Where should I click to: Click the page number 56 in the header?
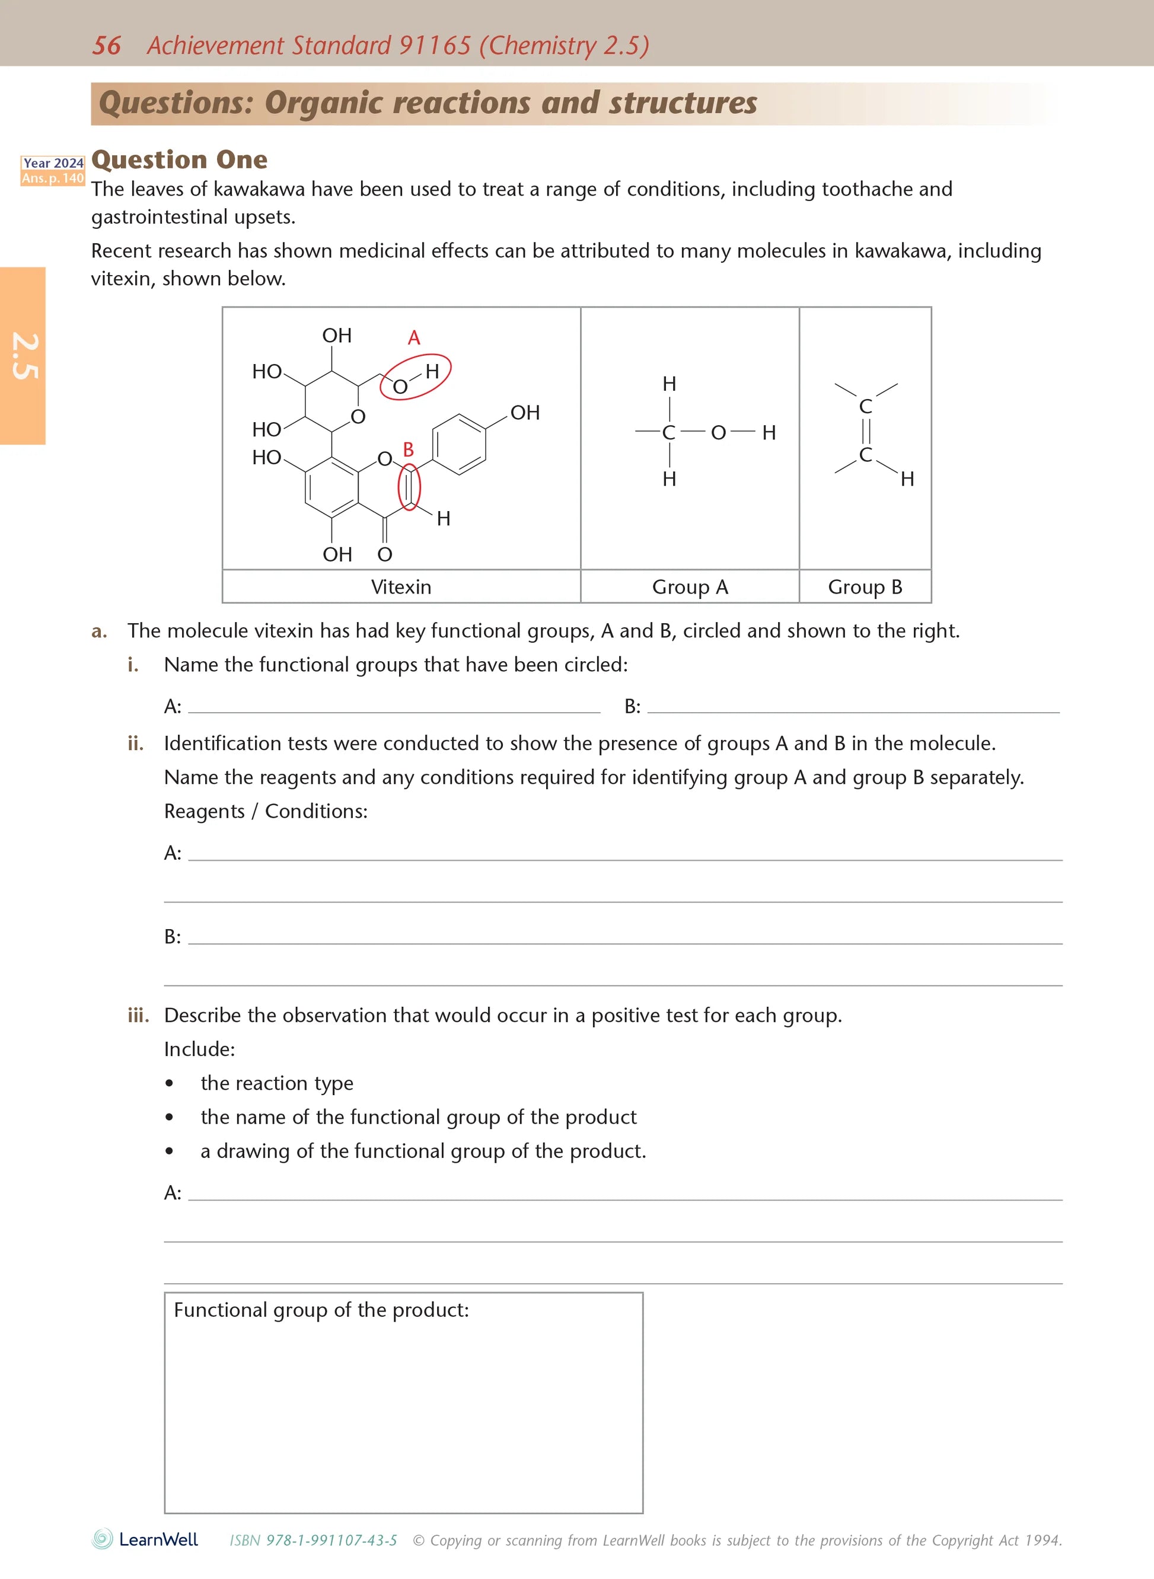(106, 46)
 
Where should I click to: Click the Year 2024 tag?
(53, 162)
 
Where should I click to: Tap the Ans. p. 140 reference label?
(53, 178)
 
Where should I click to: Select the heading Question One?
(179, 160)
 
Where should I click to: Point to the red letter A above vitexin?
(413, 338)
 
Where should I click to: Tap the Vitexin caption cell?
(401, 586)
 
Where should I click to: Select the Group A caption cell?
(690, 586)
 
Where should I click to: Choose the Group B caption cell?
(865, 586)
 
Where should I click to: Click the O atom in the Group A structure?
(718, 433)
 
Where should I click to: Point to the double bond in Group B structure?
(866, 430)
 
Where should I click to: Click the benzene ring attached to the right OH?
(459, 444)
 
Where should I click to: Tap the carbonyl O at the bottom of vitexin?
(385, 554)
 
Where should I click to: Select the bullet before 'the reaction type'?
(170, 1083)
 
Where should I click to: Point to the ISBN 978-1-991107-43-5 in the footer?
(313, 1540)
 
